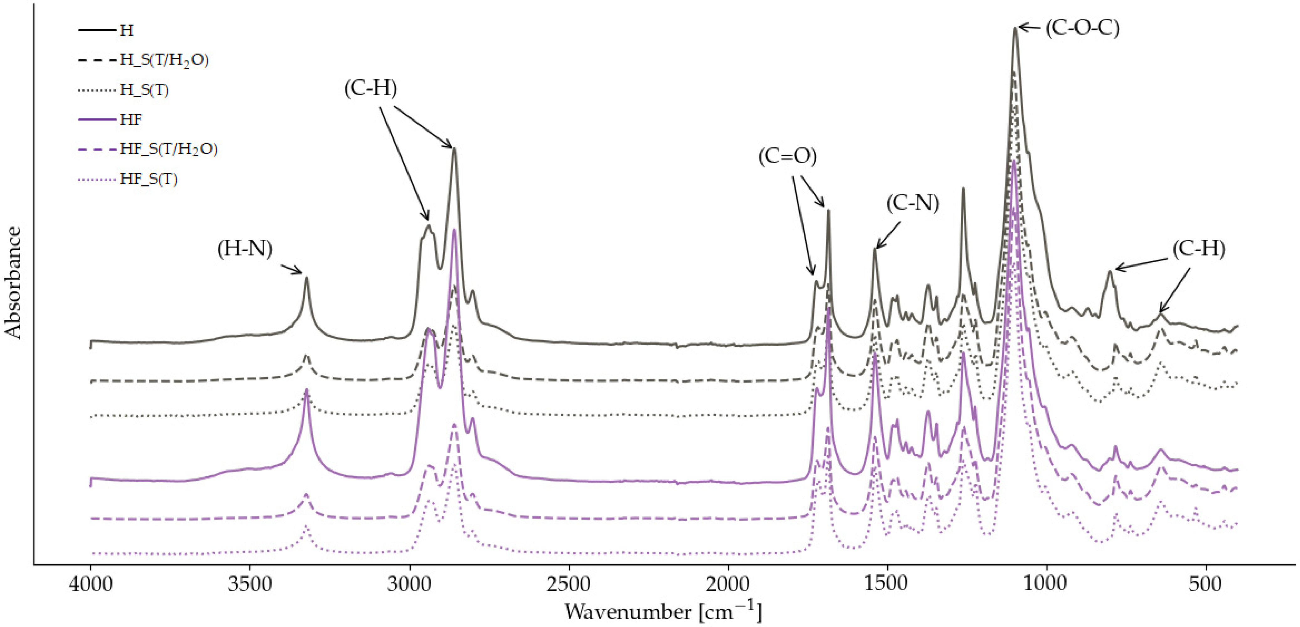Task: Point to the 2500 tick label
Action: (x=569, y=584)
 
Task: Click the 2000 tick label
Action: (x=728, y=584)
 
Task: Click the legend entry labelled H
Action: (x=127, y=31)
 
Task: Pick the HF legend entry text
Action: (x=131, y=120)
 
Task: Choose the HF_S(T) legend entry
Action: (x=149, y=179)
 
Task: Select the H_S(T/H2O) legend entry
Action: (x=164, y=60)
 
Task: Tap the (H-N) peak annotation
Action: (x=245, y=249)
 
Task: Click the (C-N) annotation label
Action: (x=912, y=203)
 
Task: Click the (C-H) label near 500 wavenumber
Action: (x=1198, y=249)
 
